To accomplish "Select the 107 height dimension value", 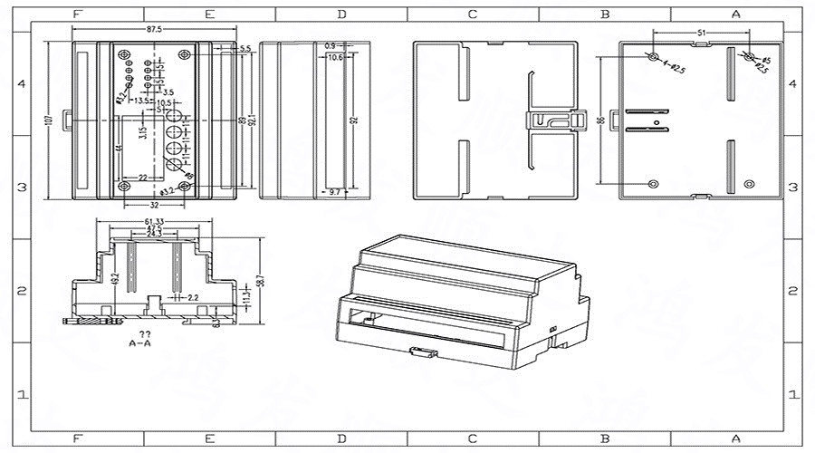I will pos(50,119).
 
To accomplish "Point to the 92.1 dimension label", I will pos(253,120).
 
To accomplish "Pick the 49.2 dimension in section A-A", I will pos(114,278).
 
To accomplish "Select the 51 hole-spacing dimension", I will pos(701,32).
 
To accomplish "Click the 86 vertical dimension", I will pos(599,120).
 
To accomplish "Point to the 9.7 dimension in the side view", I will pos(334,192).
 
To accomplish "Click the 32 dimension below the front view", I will pos(155,206).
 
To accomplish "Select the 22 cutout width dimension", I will pos(143,178).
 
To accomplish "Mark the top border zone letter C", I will pos(473,14).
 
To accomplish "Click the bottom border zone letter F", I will pos(78,439).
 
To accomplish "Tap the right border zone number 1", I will pos(794,395).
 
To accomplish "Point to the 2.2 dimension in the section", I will pos(193,296).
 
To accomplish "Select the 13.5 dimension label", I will pos(142,101).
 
